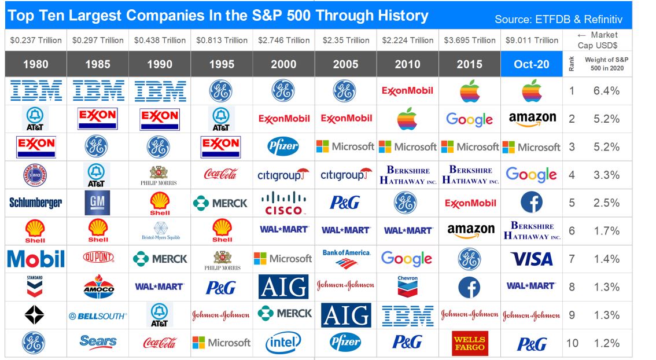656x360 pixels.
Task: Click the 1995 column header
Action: click(222, 64)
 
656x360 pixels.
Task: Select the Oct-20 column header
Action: click(532, 64)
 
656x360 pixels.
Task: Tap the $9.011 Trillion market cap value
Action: click(532, 41)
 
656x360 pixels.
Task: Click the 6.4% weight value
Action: click(606, 91)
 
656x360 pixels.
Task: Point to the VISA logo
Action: click(532, 259)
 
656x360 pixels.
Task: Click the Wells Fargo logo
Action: click(470, 343)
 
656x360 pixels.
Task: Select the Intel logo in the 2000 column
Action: click(283, 343)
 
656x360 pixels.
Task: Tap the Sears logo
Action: click(98, 342)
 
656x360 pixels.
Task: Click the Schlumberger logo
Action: click(36, 203)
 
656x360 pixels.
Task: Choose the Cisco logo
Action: click(283, 203)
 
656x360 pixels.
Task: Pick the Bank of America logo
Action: click(346, 259)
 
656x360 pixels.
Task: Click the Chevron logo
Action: click(408, 286)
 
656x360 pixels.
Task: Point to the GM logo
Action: click(98, 203)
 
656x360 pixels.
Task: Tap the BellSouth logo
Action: click(98, 316)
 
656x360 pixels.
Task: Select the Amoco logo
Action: click(98, 286)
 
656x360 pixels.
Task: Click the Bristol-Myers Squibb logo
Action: click(160, 230)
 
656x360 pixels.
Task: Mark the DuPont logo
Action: click(98, 258)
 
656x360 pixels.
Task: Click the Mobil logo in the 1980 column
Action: click(36, 259)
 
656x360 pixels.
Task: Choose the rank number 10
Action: click(572, 343)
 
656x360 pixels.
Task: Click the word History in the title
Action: click(396, 16)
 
